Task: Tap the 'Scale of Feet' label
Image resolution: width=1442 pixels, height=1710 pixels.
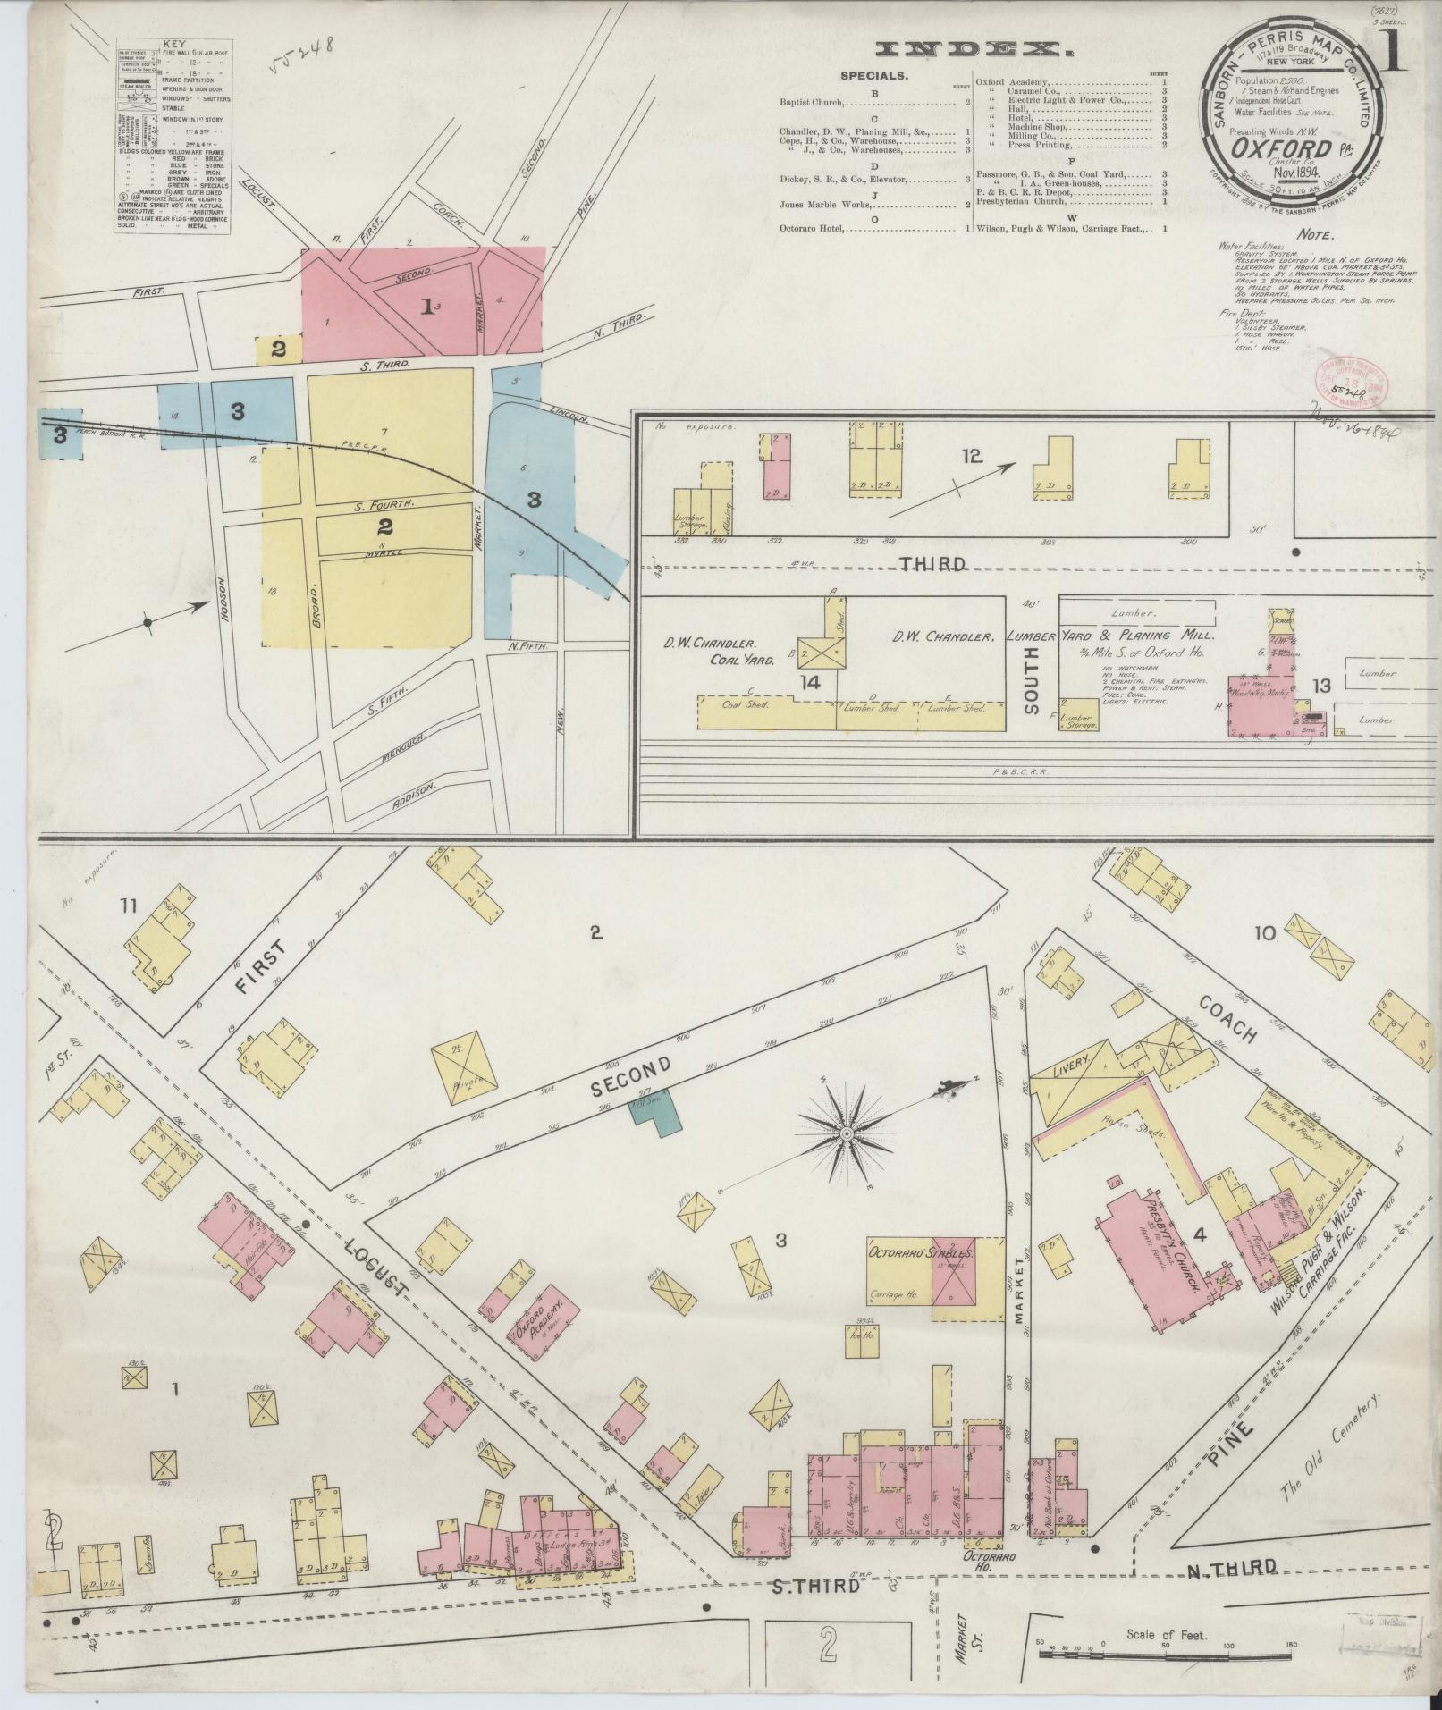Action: [1166, 1635]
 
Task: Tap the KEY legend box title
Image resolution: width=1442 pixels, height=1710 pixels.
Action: [173, 44]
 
